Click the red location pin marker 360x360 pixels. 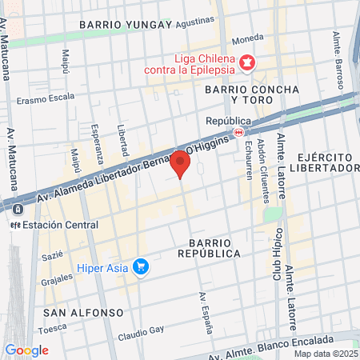click(x=180, y=164)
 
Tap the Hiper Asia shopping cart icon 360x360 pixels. click(x=142, y=267)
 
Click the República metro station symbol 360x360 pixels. click(x=238, y=132)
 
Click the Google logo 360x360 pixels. click(x=26, y=350)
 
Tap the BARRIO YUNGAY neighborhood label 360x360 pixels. click(x=126, y=25)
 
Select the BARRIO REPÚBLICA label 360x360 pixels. click(x=214, y=247)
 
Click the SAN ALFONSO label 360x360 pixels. click(x=83, y=311)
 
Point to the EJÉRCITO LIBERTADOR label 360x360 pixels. click(x=325, y=162)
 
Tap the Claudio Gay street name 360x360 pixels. click(x=142, y=330)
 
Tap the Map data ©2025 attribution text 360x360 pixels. click(x=325, y=353)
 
